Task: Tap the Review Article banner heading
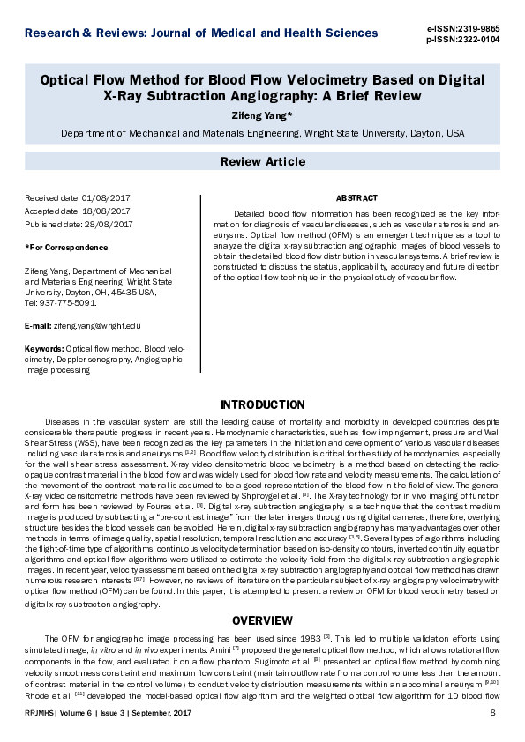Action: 262,161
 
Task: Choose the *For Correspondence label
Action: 67,248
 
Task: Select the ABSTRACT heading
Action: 356,198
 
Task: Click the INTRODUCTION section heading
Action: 262,404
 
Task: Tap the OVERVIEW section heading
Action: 262,620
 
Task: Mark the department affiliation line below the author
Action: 262,134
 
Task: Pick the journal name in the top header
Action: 201,33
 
